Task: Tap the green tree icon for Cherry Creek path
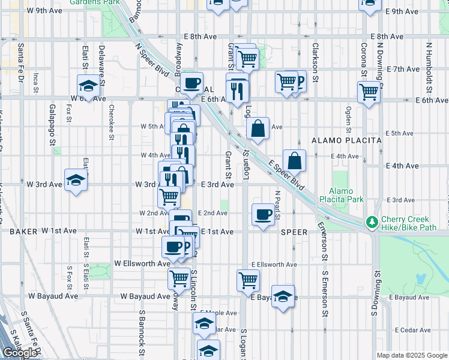tap(372, 222)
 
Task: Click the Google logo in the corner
tap(20, 353)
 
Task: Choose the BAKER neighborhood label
tap(23, 230)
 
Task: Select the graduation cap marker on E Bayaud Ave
tap(283, 296)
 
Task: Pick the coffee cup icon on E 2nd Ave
tap(262, 214)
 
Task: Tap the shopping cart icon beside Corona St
tap(369, 92)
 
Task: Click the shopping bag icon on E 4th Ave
tap(295, 160)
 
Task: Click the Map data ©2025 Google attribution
tap(412, 355)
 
